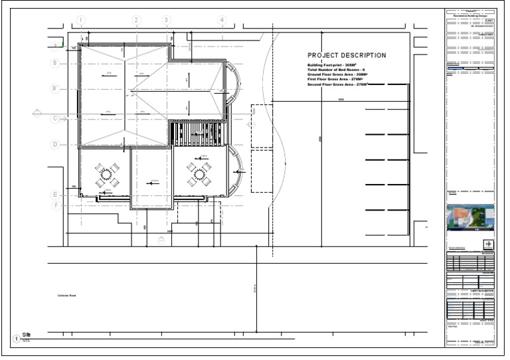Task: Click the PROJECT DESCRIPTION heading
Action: tap(346, 55)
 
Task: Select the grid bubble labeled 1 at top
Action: tap(81, 21)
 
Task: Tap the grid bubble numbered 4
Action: tap(222, 21)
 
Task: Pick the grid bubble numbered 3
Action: tap(166, 21)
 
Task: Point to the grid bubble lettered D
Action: tap(56, 144)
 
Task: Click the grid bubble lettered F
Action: tap(56, 205)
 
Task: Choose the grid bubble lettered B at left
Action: tap(56, 63)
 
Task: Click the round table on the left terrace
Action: tap(106, 175)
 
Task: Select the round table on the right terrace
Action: tap(198, 175)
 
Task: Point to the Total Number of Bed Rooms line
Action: tap(336, 70)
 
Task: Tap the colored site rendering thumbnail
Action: tap(470, 217)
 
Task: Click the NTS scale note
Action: tap(27, 341)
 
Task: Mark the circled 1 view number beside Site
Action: tap(17, 339)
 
